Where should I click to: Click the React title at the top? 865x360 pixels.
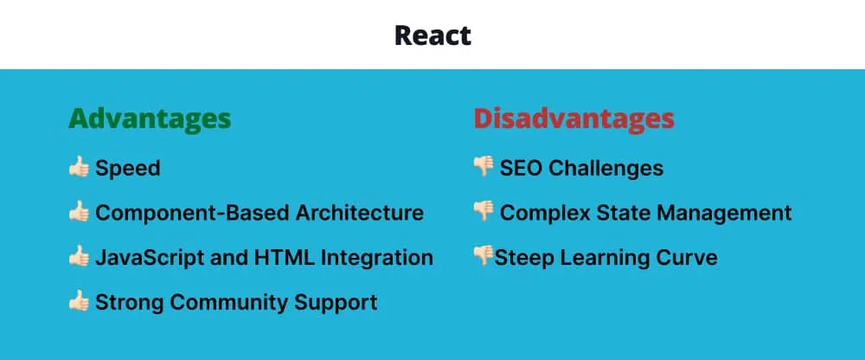[x=432, y=35]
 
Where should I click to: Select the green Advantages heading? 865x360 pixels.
[x=150, y=119]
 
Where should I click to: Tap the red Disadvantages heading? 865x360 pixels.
[x=573, y=119]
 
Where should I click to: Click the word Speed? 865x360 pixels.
[x=128, y=168]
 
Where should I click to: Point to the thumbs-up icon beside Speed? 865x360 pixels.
[x=79, y=167]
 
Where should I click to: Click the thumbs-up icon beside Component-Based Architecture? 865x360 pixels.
[x=79, y=212]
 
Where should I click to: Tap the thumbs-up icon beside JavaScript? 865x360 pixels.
[x=79, y=257]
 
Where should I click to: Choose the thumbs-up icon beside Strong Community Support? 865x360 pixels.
[x=79, y=302]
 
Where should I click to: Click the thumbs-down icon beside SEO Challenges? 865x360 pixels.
[x=484, y=167]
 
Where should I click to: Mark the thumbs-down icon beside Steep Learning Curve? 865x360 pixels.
[x=483, y=256]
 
